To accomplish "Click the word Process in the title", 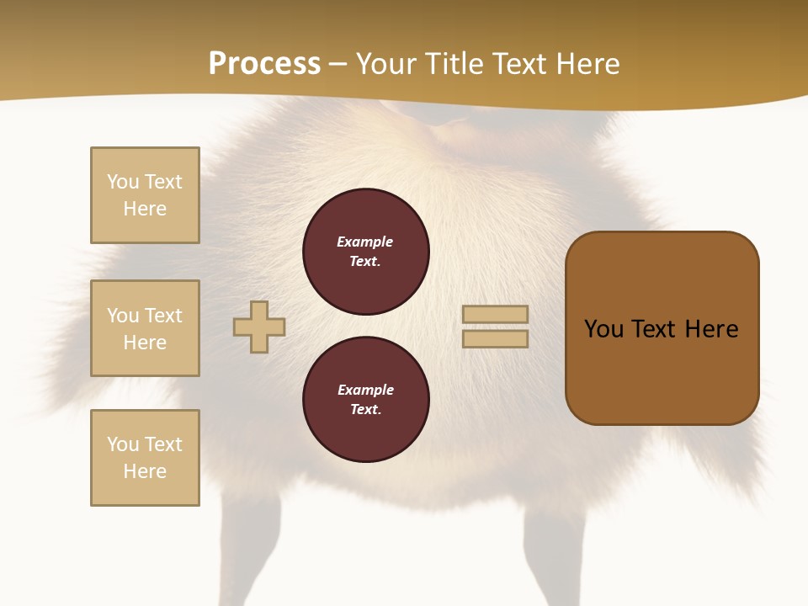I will tap(264, 63).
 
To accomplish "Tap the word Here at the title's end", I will tap(582, 63).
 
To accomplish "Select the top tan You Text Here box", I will tap(145, 195).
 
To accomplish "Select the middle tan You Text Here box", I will tap(145, 328).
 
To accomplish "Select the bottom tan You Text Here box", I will tap(145, 458).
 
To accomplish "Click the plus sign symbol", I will tap(259, 327).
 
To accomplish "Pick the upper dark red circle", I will tap(366, 252).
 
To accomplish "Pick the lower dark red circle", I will tap(366, 399).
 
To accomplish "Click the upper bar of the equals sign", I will tap(495, 314).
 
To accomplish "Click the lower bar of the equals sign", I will tap(495, 339).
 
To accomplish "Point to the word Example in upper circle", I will tap(364, 242).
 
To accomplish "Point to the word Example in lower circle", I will tap(365, 390).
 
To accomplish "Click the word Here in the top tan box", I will tap(145, 209).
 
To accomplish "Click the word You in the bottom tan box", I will tap(123, 444).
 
